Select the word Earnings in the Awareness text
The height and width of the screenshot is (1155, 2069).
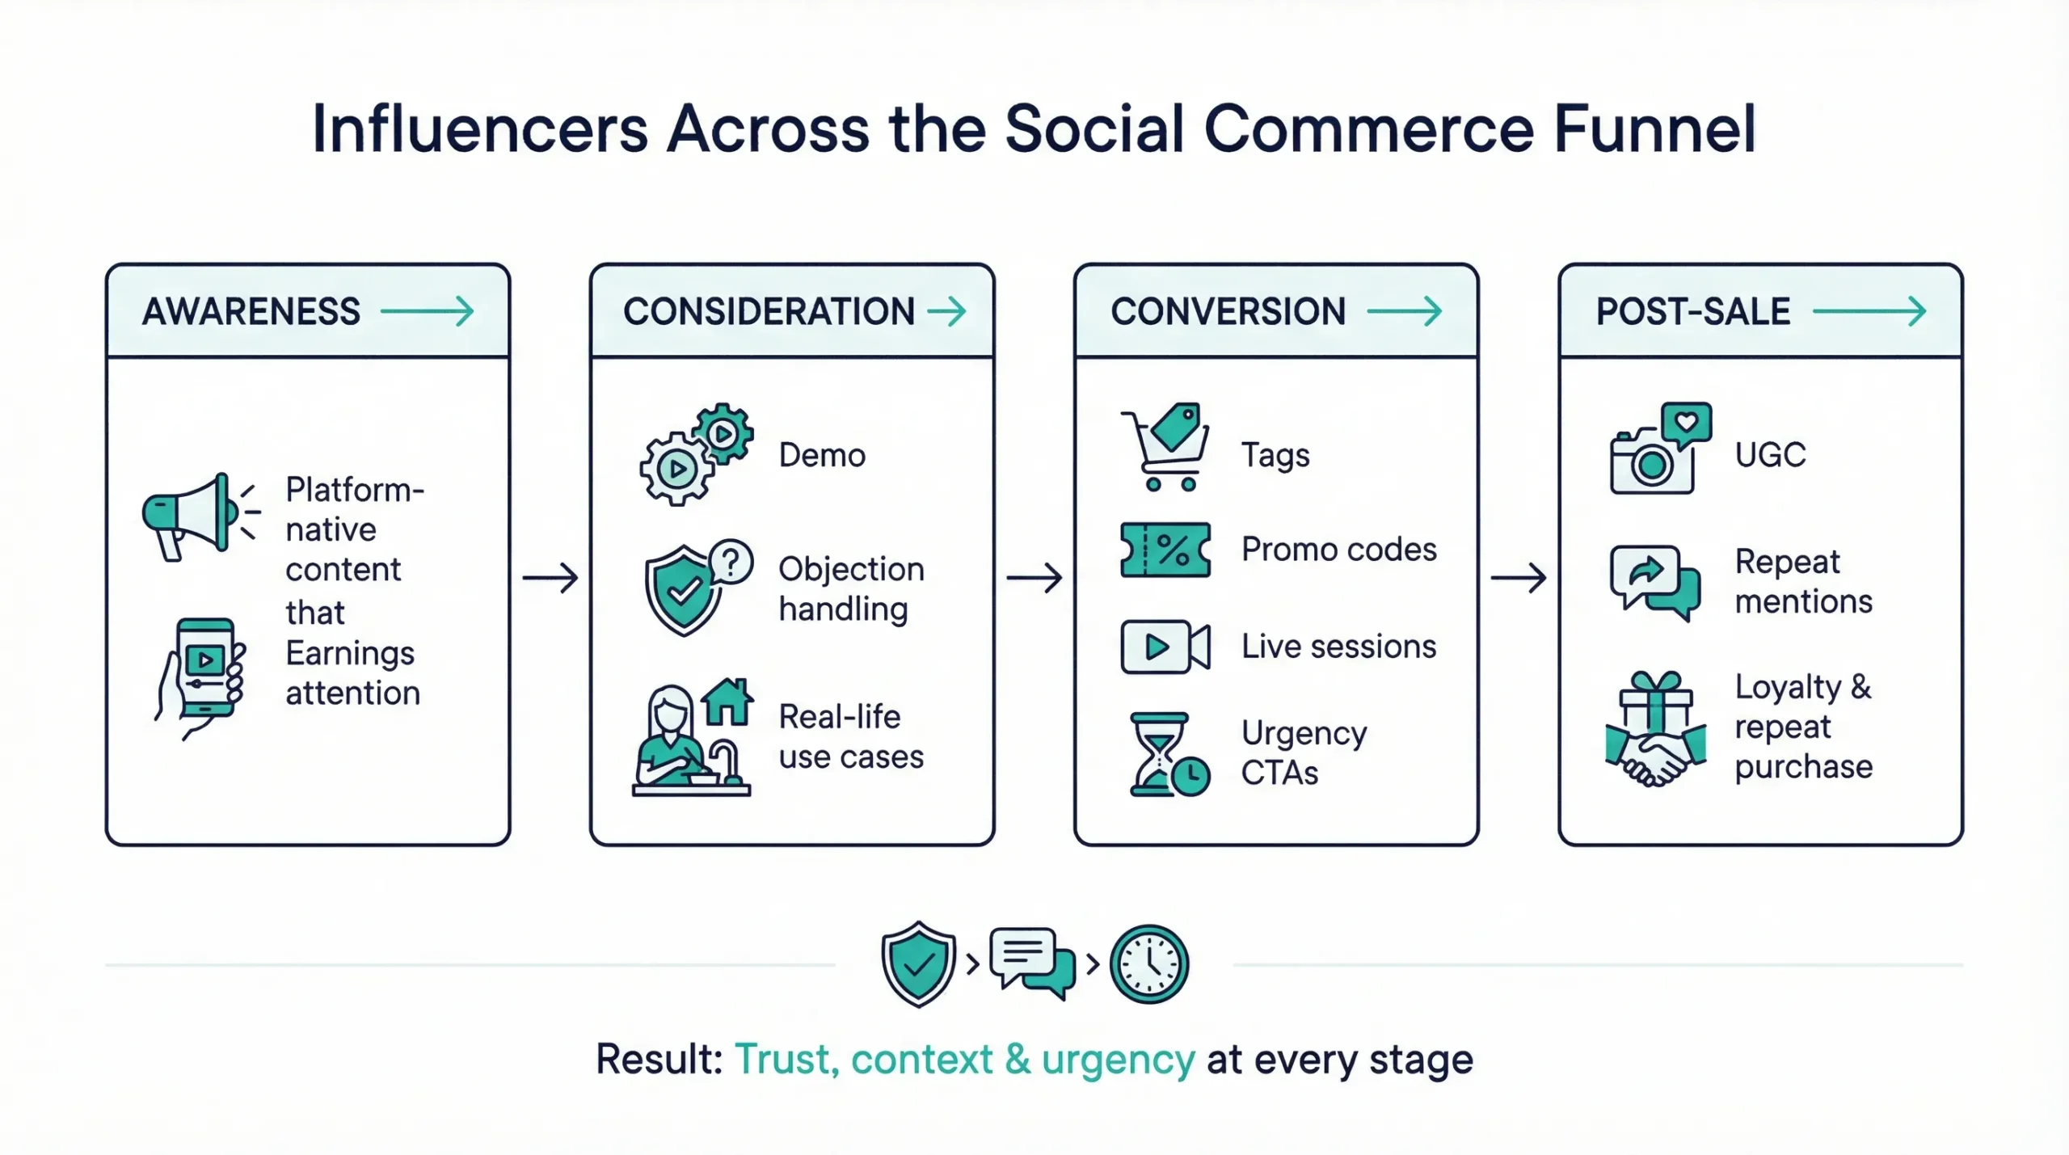click(349, 653)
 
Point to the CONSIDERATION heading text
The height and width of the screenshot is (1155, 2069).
click(768, 312)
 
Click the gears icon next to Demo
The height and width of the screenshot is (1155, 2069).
click(695, 454)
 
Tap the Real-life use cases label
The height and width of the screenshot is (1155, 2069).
click(850, 736)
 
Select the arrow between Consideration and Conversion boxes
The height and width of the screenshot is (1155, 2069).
click(1034, 578)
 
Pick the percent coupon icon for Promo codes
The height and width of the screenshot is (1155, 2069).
click(1165, 550)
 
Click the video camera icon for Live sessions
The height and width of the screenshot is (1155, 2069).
click(1165, 647)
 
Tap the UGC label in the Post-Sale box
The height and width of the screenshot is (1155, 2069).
click(1769, 455)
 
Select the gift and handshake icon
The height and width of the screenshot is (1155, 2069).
click(1655, 729)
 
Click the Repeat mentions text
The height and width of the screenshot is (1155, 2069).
click(1802, 581)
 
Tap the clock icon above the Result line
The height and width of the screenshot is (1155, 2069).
click(1148, 964)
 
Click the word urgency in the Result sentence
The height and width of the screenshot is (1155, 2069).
click(1117, 1060)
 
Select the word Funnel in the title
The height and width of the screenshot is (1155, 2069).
click(1654, 129)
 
